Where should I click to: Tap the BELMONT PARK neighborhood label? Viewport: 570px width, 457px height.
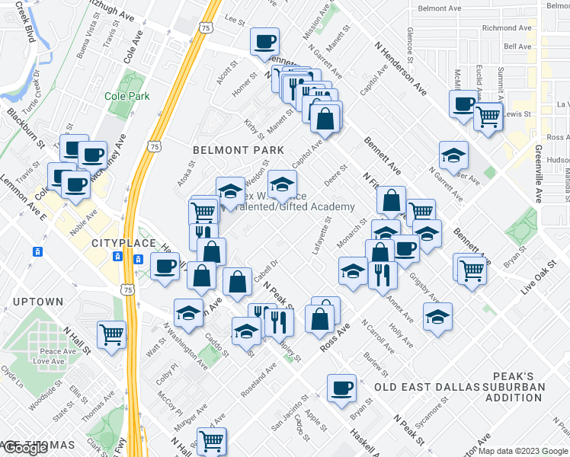[x=239, y=150]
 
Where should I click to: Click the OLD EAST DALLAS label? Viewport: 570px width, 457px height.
[x=418, y=387]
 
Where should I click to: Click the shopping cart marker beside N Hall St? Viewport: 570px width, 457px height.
[x=112, y=334]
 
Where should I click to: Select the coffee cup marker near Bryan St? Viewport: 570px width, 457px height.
[x=341, y=388]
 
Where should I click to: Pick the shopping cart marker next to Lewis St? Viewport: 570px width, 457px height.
[x=488, y=117]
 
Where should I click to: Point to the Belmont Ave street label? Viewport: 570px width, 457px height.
[x=440, y=8]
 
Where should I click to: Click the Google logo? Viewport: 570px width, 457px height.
[x=26, y=448]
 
